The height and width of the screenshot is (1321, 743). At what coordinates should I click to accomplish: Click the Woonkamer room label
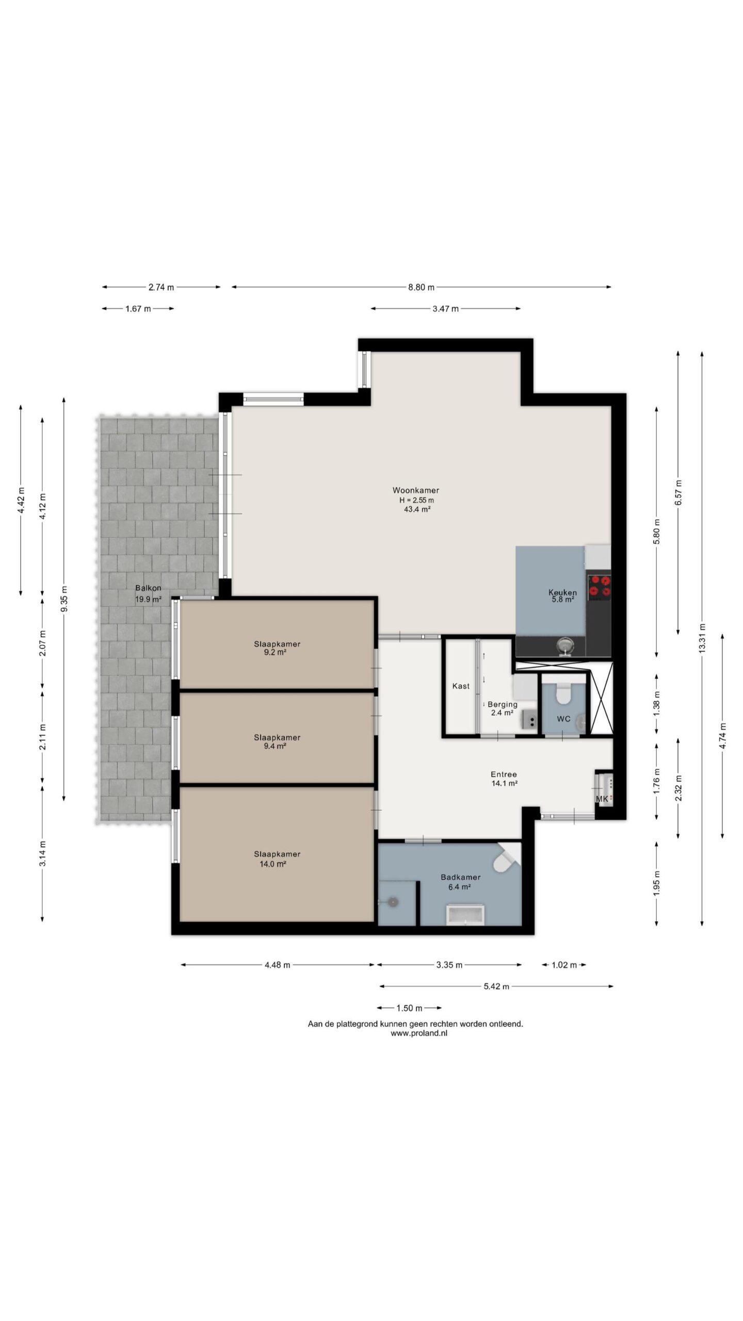(x=415, y=490)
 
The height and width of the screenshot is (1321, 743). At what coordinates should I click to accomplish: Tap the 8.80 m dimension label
(x=421, y=287)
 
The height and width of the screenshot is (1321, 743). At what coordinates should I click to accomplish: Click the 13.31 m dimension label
(x=702, y=638)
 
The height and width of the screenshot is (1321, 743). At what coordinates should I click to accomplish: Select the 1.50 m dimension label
(x=409, y=1008)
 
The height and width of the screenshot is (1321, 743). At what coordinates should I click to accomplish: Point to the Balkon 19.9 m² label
(x=148, y=593)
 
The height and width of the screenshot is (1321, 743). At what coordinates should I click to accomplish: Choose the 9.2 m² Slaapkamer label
(x=277, y=648)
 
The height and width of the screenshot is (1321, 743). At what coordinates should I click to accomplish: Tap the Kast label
(x=461, y=686)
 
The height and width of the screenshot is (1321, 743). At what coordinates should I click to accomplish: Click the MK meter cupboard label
(x=602, y=799)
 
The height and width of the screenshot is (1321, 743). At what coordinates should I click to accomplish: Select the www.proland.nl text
(x=419, y=1034)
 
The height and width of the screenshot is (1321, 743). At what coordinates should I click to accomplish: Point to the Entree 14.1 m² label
(x=504, y=779)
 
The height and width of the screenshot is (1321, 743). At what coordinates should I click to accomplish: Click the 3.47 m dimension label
(x=445, y=309)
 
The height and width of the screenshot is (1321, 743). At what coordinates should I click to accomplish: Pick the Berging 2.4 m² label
(x=502, y=708)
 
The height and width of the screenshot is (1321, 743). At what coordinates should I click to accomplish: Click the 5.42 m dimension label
(x=496, y=986)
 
